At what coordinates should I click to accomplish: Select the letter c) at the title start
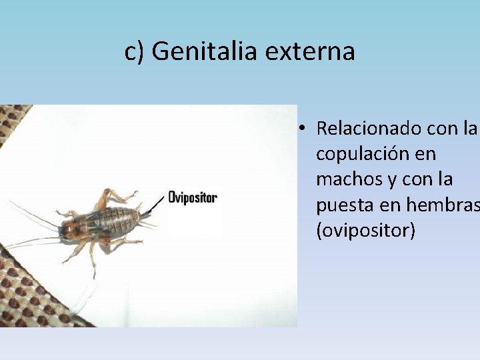[x=135, y=51]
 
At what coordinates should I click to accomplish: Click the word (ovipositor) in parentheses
[x=365, y=231]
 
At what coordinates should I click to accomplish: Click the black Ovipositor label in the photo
[x=193, y=197]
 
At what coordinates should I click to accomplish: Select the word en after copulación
[x=425, y=154]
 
